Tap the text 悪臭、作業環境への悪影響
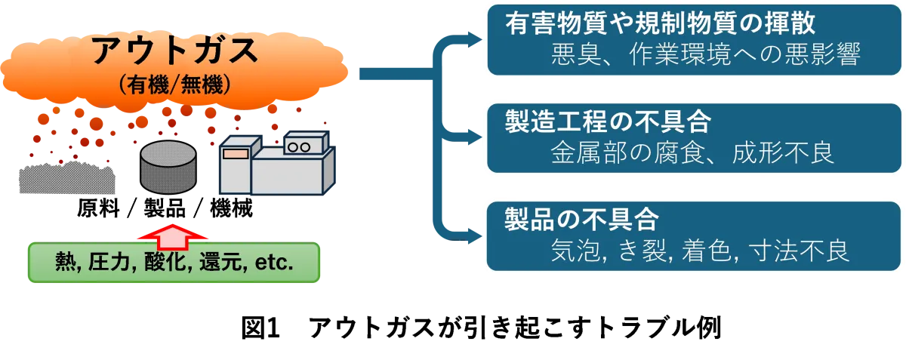(x=706, y=54)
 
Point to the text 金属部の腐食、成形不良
(x=692, y=153)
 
